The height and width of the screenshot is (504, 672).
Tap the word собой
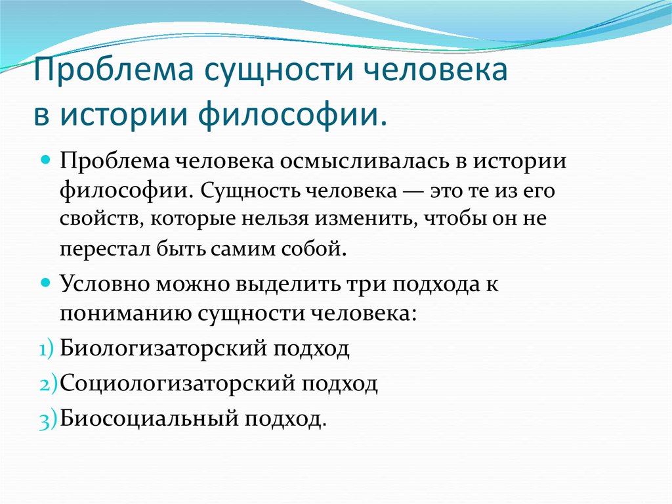(313, 248)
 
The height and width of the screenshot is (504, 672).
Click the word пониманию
(125, 314)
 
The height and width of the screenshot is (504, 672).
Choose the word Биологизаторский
(163, 348)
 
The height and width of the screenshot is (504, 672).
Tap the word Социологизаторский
(177, 383)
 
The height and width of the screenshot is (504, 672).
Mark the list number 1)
(47, 350)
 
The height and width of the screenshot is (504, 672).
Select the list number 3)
(47, 420)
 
